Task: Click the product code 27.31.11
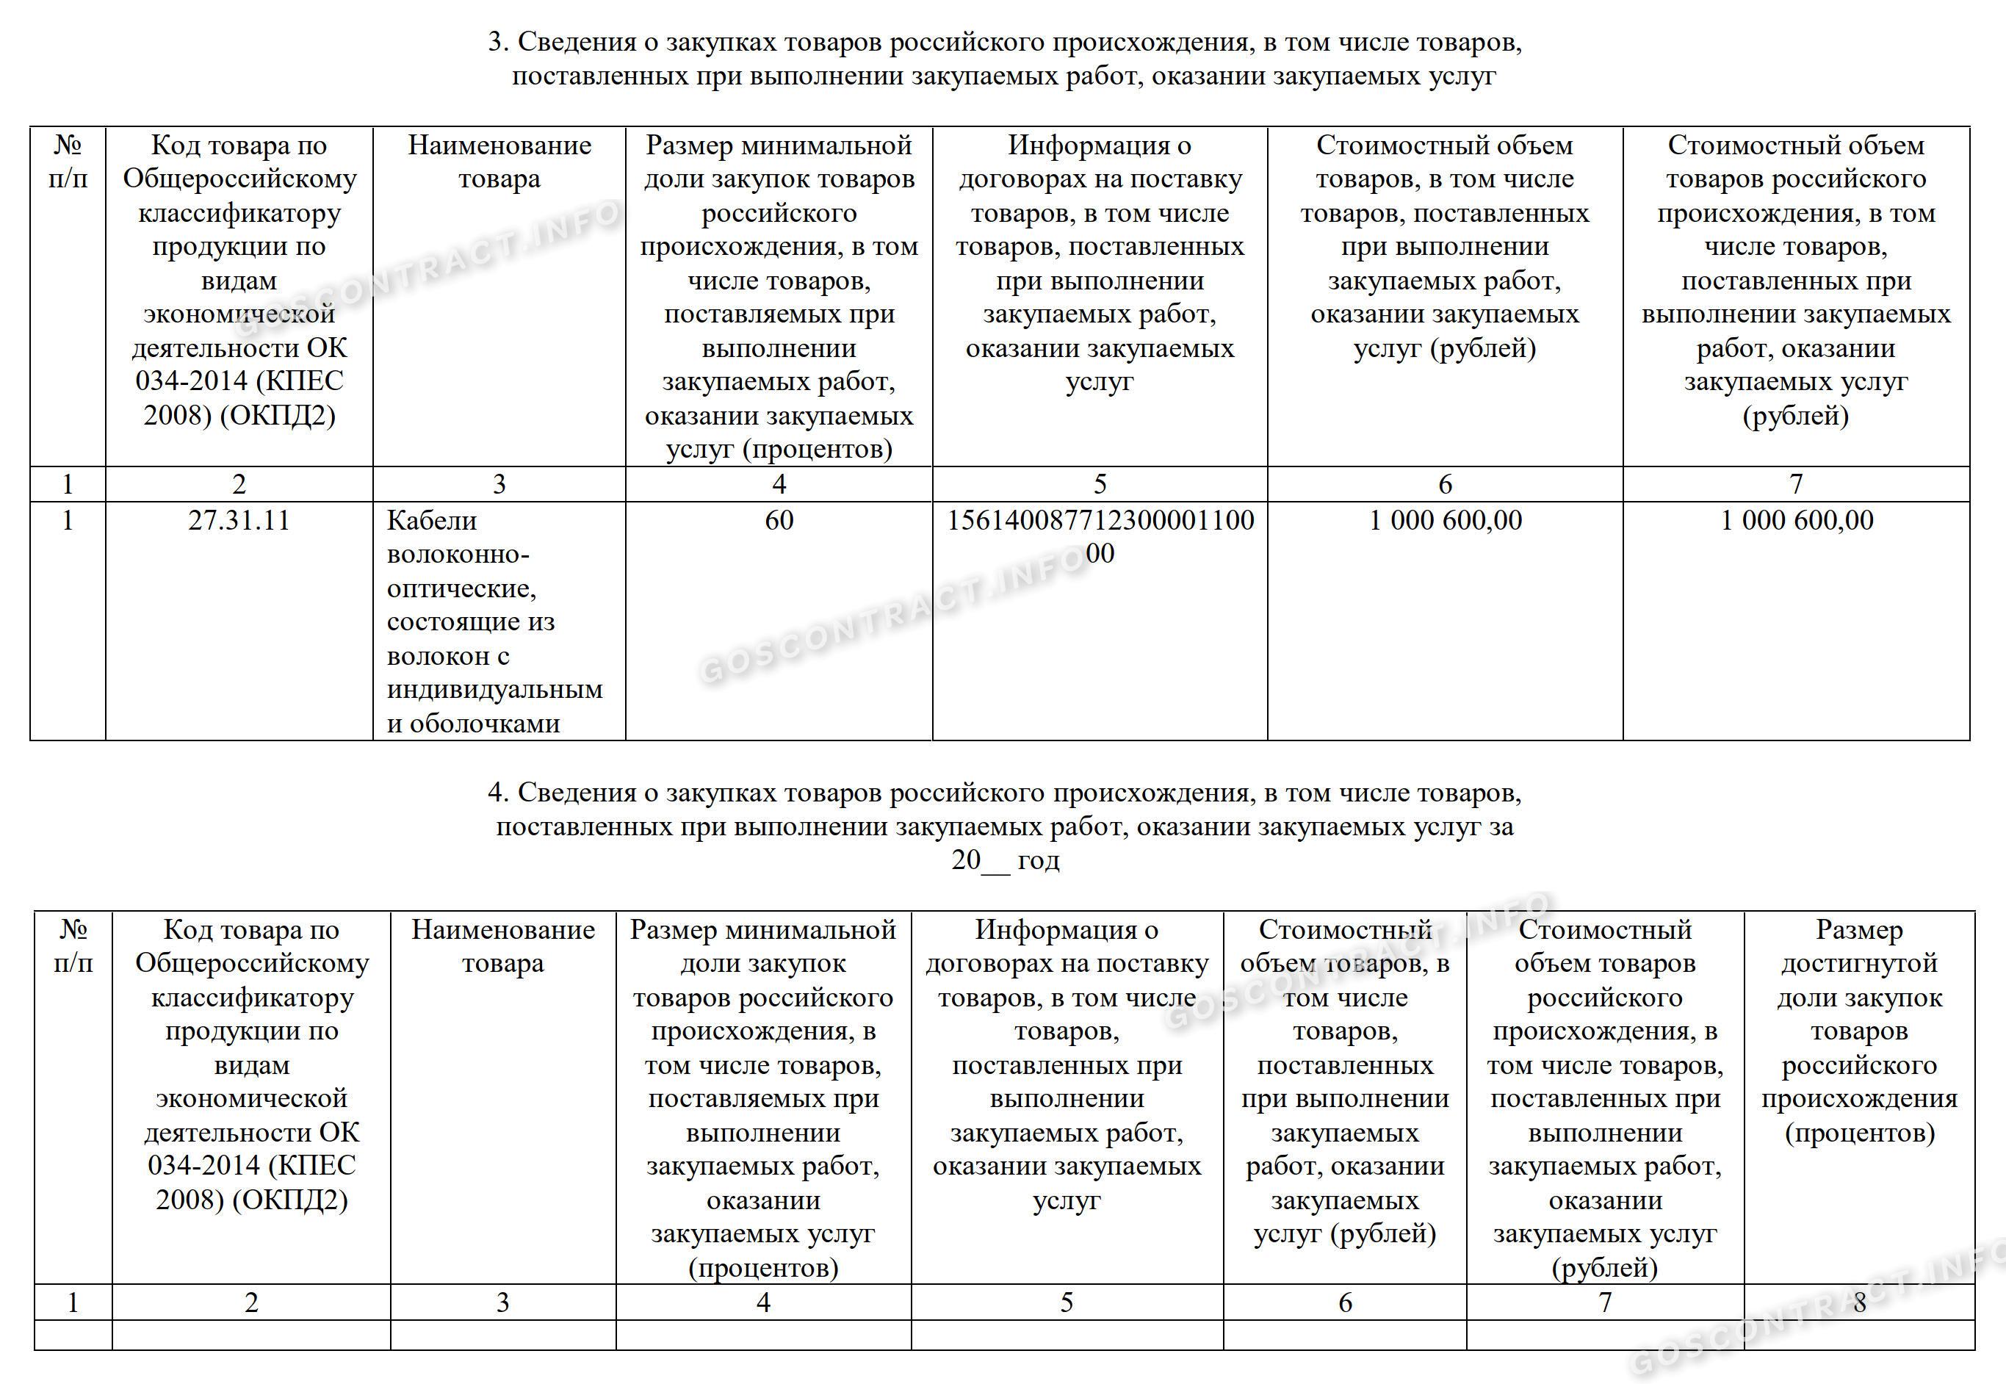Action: coord(239,520)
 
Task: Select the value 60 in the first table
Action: coord(779,520)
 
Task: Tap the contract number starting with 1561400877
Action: coord(1100,521)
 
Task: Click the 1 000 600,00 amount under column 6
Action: coord(1445,520)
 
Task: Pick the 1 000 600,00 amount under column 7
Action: coord(1796,520)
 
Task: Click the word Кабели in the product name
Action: coord(432,520)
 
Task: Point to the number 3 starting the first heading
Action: coord(496,42)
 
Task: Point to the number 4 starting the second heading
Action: coord(496,793)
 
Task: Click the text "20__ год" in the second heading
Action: coord(1005,860)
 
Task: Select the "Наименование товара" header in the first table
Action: coord(499,162)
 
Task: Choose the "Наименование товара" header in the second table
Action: coord(503,946)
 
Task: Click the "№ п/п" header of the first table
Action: coord(68,162)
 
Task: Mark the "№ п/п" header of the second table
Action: coord(73,946)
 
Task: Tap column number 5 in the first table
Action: coord(1100,484)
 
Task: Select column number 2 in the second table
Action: coord(251,1302)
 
